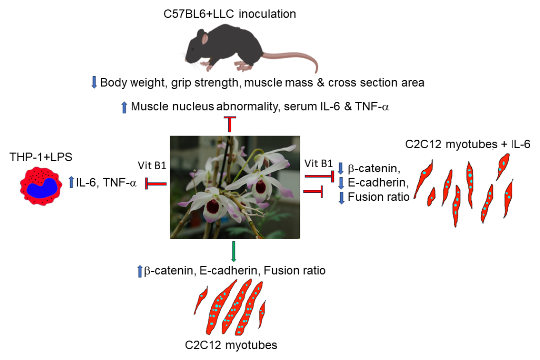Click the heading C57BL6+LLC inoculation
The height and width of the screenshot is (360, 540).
(x=227, y=14)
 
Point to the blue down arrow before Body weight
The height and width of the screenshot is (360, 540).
(x=94, y=83)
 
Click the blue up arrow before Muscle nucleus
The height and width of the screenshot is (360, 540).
(x=125, y=107)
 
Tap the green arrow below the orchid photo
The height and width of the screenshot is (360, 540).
(x=234, y=252)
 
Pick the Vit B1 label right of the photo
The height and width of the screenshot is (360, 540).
(x=318, y=163)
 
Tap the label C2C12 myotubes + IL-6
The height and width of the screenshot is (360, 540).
(x=467, y=144)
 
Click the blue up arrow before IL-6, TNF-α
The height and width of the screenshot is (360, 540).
(x=71, y=181)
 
